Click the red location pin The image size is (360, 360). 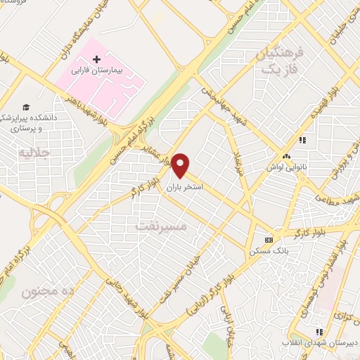[x=181, y=165]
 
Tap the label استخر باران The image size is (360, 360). [x=186, y=188]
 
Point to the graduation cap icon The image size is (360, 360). [x=26, y=107]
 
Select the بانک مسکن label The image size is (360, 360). [x=265, y=251]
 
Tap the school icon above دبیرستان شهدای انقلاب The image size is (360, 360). [x=318, y=330]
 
